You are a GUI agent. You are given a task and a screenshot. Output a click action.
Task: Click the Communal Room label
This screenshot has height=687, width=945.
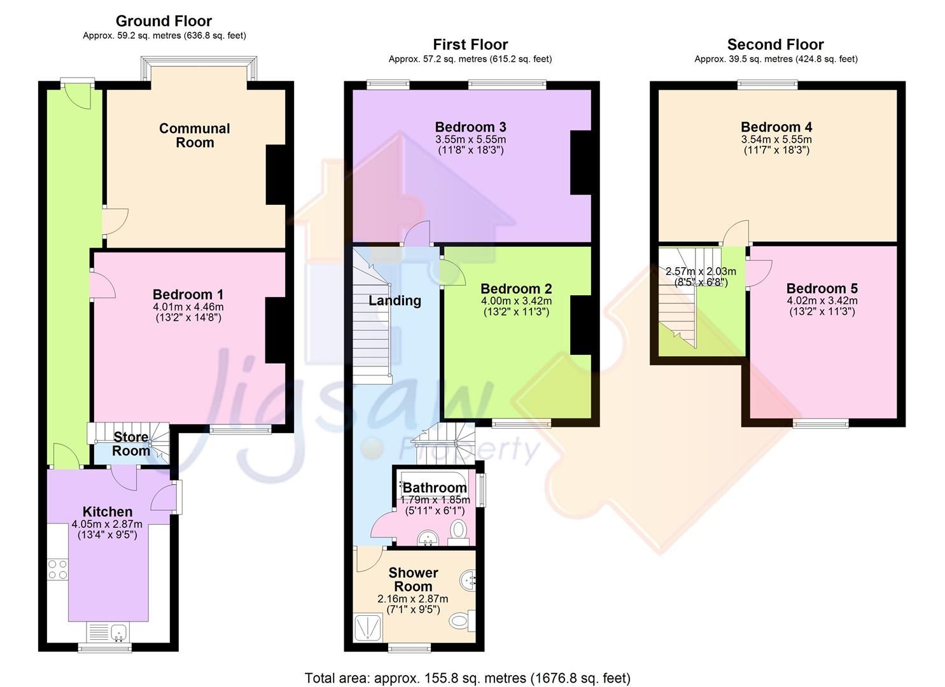point(194,135)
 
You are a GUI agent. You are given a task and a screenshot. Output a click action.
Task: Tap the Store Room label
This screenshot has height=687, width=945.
point(131,444)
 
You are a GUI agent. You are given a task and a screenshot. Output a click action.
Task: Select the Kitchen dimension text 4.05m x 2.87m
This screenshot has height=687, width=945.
point(107,524)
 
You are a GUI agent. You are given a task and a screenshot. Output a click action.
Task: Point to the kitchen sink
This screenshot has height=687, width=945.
point(118,632)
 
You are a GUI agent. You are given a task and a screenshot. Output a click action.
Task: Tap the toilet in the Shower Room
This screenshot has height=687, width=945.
point(460,619)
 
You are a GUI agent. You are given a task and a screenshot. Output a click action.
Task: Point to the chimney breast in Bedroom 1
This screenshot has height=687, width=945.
point(275,330)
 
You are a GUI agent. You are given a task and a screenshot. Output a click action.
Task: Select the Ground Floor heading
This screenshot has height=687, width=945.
point(164,21)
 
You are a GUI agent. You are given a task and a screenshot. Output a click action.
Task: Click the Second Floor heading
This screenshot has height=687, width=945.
point(775,45)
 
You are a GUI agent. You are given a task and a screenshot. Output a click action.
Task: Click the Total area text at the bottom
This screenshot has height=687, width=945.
point(467,678)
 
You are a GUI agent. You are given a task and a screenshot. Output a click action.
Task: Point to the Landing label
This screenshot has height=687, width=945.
point(395,300)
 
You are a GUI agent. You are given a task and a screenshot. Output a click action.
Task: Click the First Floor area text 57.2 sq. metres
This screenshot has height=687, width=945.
point(470,59)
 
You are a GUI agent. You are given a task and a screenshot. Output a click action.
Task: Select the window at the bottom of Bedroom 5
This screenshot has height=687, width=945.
point(820,423)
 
